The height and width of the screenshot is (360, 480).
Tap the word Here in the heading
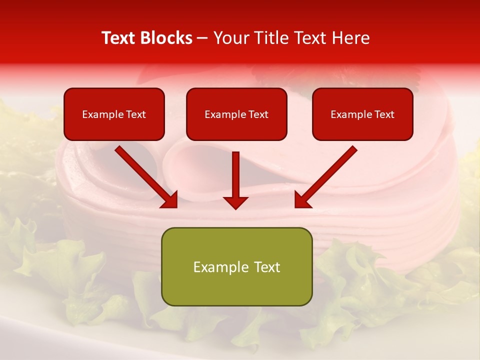(x=350, y=38)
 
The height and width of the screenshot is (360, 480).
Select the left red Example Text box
(x=114, y=114)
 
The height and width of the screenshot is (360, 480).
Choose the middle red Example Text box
(x=236, y=114)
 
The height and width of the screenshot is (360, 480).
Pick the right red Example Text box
(x=362, y=114)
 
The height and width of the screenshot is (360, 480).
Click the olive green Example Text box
(x=236, y=267)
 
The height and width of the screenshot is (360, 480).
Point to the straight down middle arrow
(x=235, y=175)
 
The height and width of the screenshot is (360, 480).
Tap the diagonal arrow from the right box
(x=330, y=173)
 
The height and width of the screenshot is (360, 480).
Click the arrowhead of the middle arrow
(x=235, y=202)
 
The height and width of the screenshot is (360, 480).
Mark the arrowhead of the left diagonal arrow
(x=170, y=200)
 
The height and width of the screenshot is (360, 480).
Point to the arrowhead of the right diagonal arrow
(x=302, y=200)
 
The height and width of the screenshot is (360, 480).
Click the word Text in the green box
(x=263, y=267)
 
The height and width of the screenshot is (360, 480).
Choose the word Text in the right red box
(x=384, y=114)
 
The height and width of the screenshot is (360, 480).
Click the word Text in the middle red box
(x=258, y=114)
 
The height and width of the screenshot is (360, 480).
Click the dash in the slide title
(x=203, y=38)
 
